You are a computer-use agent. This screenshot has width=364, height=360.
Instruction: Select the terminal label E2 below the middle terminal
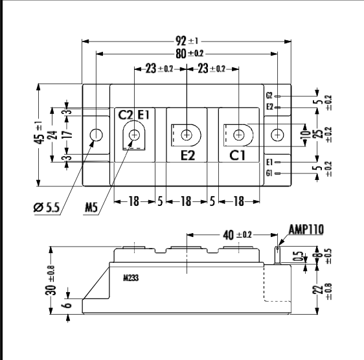click(x=187, y=155)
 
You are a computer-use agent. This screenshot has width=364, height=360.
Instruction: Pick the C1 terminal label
click(x=238, y=155)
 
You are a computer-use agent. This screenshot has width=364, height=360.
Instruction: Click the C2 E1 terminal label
click(x=134, y=115)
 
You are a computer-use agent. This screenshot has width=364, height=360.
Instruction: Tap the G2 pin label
click(x=269, y=96)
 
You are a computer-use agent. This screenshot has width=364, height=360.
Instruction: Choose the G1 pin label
click(x=269, y=174)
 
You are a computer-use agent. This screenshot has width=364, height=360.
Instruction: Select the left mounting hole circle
click(x=96, y=135)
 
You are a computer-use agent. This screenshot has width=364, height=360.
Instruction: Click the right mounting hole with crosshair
click(x=277, y=135)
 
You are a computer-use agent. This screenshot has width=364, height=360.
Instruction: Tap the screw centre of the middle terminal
click(x=187, y=135)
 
